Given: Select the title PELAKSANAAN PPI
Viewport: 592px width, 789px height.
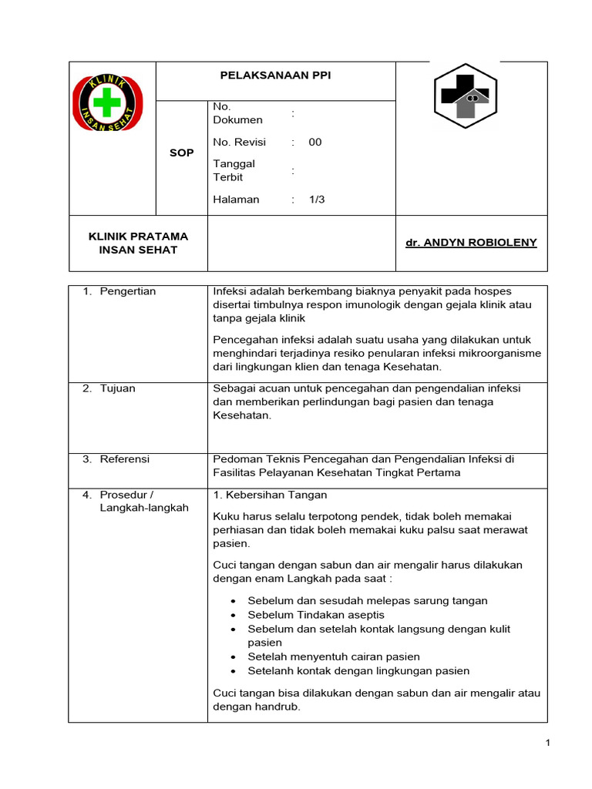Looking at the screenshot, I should coord(275,75).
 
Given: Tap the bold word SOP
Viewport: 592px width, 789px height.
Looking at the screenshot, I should coord(181,153).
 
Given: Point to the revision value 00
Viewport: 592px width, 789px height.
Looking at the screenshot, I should coord(315,142).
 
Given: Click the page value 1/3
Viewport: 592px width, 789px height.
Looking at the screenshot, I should coord(317,200).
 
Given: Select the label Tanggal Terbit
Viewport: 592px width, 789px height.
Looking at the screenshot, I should coord(234,170).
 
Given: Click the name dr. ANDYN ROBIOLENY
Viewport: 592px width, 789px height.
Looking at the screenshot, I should coord(471,243).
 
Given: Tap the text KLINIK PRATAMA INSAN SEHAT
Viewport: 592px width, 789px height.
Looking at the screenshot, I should coord(139,243).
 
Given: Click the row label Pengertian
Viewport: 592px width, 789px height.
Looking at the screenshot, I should coord(128,291).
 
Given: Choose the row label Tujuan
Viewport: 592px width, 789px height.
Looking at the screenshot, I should coord(117,388).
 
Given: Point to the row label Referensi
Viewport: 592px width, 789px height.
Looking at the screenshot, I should coord(125,459).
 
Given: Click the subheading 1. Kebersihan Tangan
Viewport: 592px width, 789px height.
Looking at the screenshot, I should coord(270,495).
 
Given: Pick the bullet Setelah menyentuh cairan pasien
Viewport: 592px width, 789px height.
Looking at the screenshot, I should coord(334,656).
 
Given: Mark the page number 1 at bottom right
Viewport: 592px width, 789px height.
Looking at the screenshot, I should coord(547,743).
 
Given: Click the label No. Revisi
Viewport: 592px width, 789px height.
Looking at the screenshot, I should coord(239,142).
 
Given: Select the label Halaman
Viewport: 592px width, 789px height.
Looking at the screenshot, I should coord(236,200).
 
